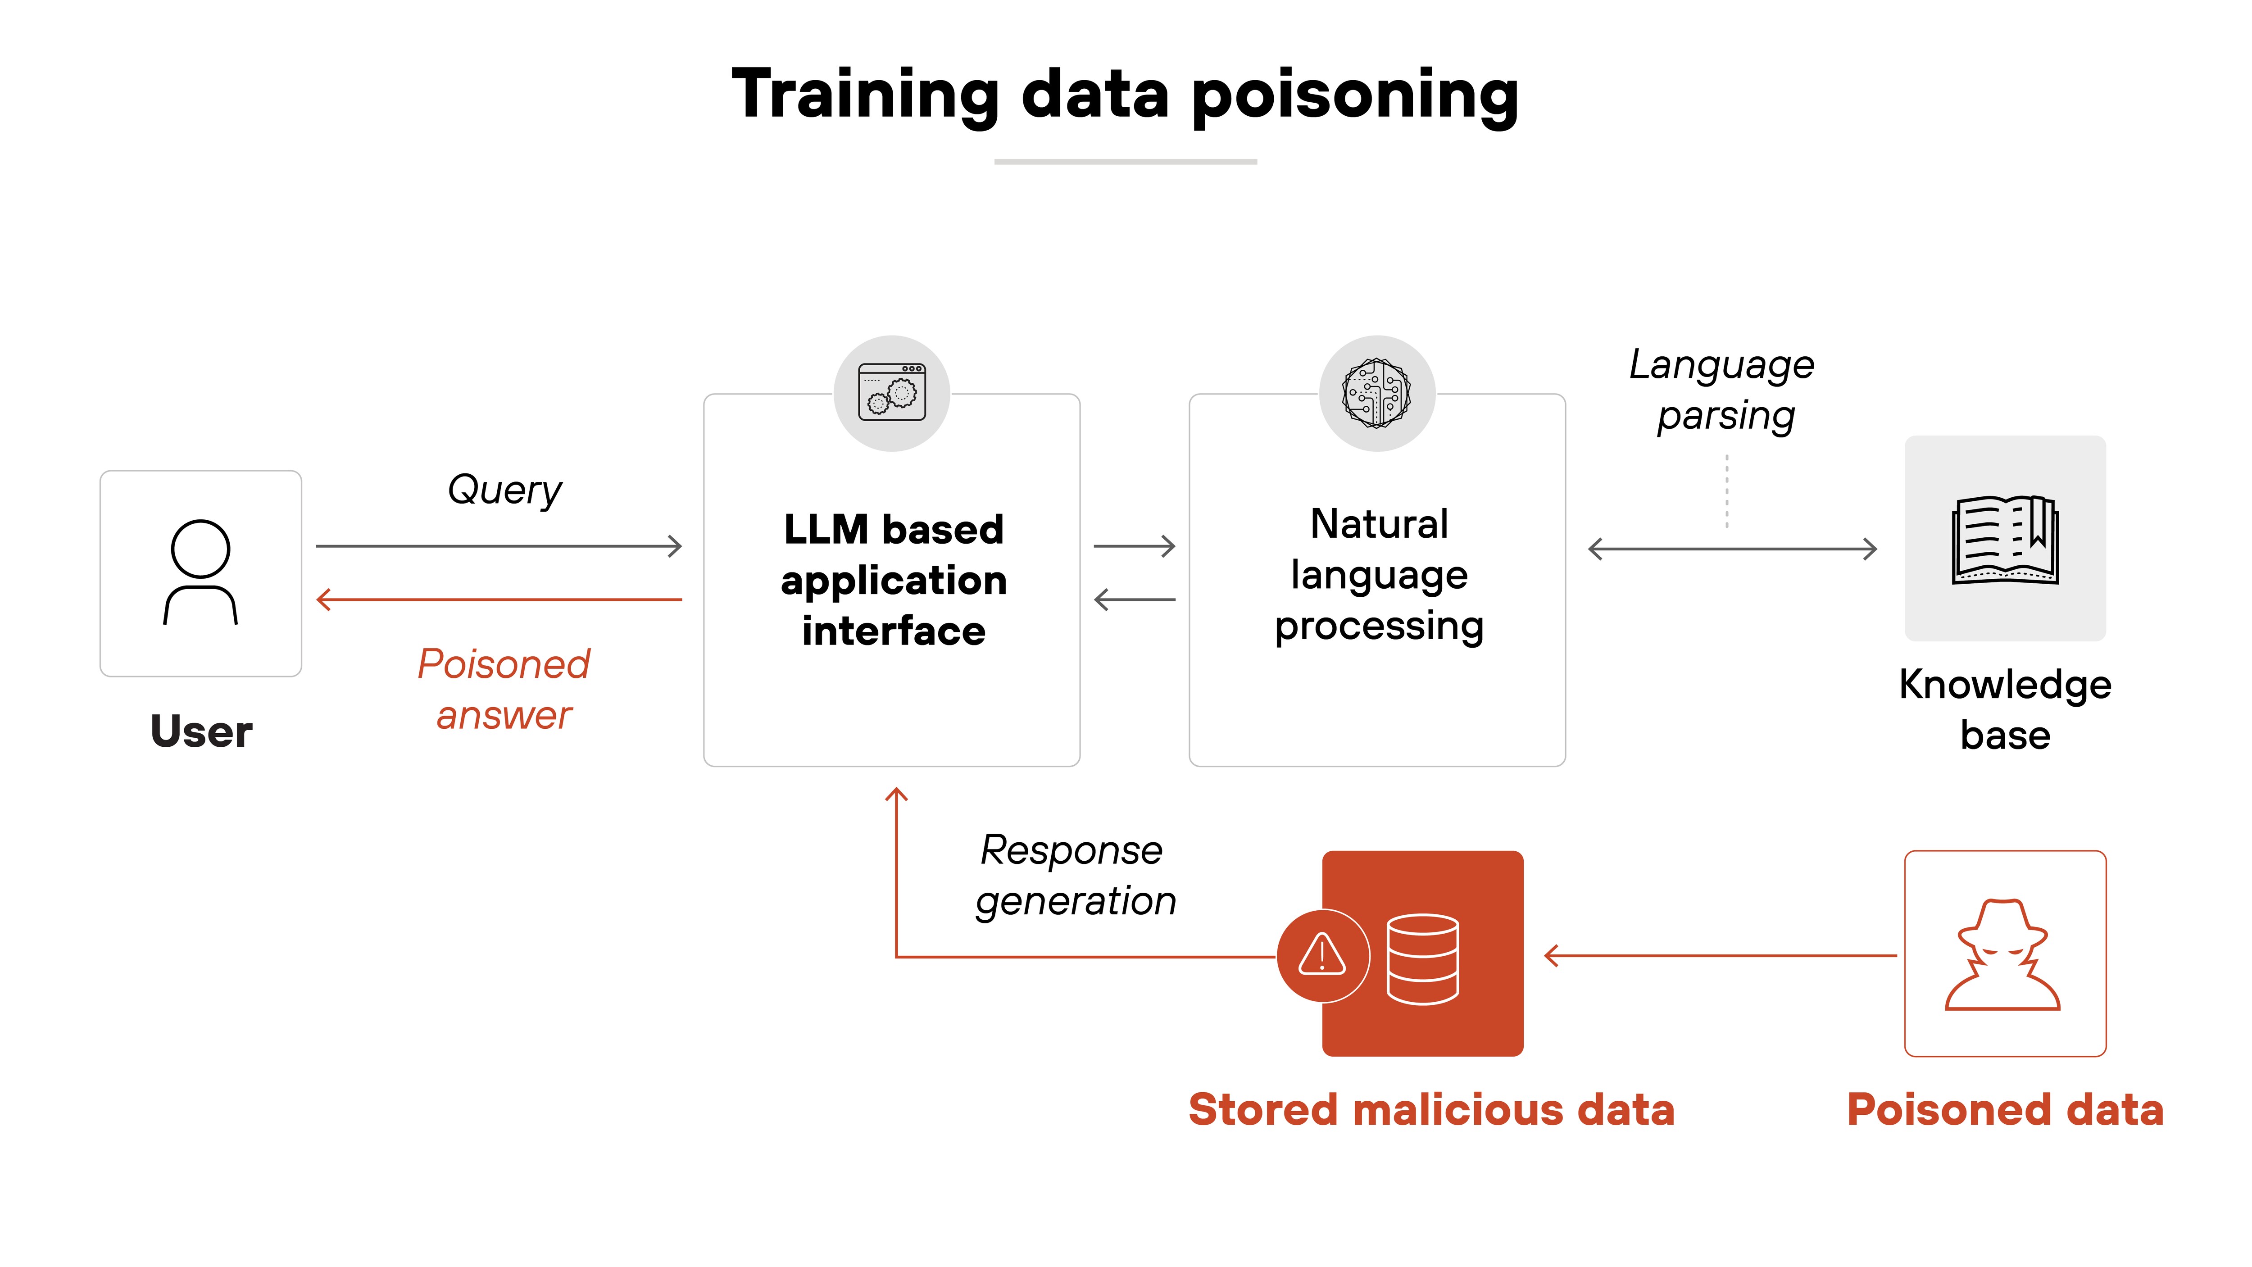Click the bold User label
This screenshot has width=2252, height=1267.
click(201, 731)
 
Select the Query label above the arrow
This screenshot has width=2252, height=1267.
click(504, 490)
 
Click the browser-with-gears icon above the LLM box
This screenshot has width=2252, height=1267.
click(892, 393)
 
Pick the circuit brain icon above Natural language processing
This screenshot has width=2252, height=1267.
click(1377, 393)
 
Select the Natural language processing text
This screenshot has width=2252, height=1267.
click(1379, 574)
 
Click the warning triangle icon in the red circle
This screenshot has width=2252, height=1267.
click(1322, 955)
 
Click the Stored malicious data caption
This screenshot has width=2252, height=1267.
click(1431, 1110)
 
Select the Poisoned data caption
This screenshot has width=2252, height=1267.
click(2005, 1110)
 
